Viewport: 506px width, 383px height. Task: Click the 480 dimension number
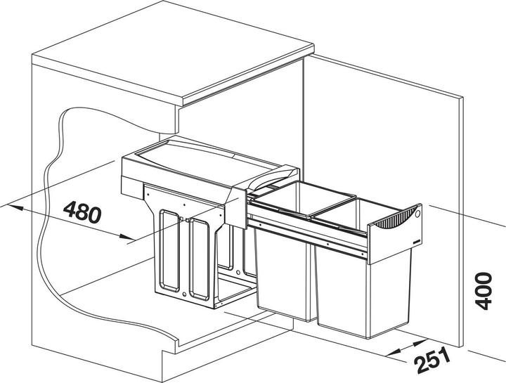[82, 212]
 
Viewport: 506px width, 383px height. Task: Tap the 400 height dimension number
[484, 291]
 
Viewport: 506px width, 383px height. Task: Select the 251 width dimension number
[433, 360]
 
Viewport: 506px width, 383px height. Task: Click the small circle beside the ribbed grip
[417, 213]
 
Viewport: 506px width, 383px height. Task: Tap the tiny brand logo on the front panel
[415, 241]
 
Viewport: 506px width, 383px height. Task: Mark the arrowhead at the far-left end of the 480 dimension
[15, 207]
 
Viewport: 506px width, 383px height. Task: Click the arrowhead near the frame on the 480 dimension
[126, 237]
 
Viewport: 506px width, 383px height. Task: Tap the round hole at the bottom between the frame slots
[184, 294]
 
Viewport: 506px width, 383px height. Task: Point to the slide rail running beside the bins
[306, 232]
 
